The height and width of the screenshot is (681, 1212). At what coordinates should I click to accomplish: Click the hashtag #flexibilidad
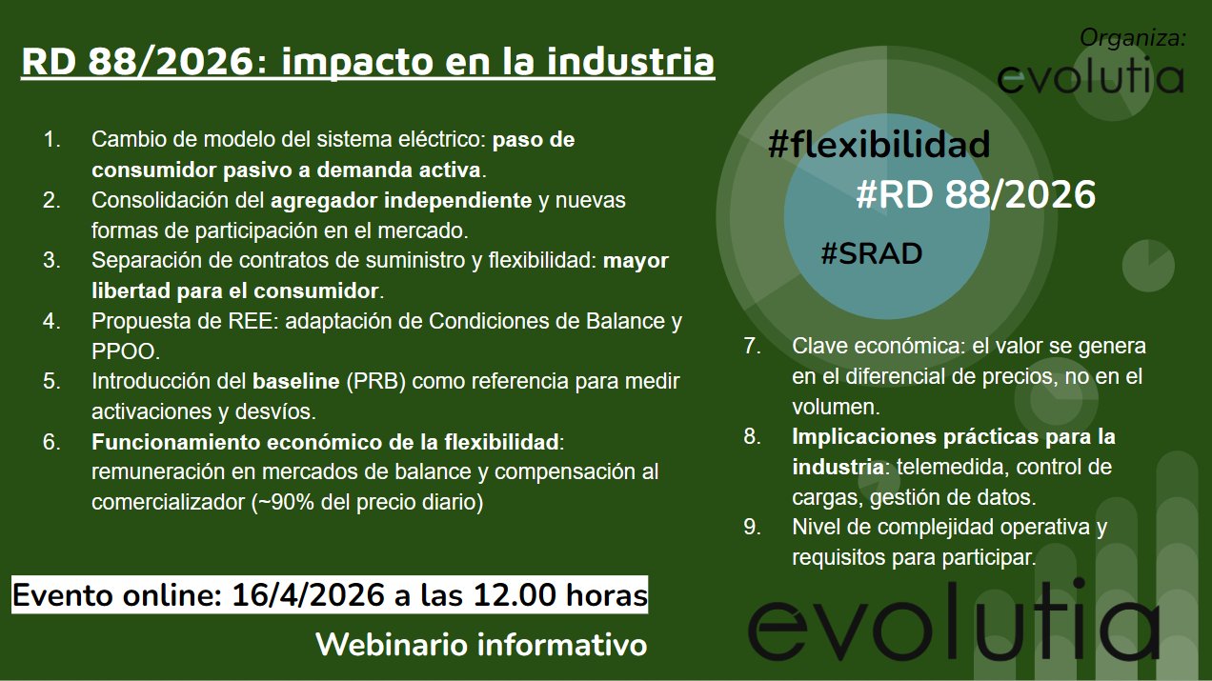click(879, 145)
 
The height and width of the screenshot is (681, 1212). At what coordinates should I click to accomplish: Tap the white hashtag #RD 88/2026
click(976, 194)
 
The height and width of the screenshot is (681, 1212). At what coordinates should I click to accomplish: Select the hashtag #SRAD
click(872, 253)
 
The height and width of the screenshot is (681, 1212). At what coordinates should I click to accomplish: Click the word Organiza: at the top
click(1133, 38)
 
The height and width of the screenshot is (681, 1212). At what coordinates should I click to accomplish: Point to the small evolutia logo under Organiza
click(1091, 78)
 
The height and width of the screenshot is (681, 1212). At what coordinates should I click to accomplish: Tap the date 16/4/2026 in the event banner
click(308, 595)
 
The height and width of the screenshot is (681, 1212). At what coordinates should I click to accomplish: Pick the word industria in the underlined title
click(631, 62)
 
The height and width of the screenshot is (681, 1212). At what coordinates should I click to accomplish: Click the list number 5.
click(51, 381)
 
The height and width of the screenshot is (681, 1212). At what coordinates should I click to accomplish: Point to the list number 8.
click(752, 436)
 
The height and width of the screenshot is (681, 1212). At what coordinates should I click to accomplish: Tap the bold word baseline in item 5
click(296, 381)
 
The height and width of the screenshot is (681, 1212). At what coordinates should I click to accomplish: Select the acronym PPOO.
click(126, 351)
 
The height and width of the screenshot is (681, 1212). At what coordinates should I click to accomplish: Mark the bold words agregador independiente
click(401, 201)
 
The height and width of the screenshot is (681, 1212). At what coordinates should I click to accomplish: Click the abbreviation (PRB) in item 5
click(375, 381)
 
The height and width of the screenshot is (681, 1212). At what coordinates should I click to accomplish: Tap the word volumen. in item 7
click(836, 408)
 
